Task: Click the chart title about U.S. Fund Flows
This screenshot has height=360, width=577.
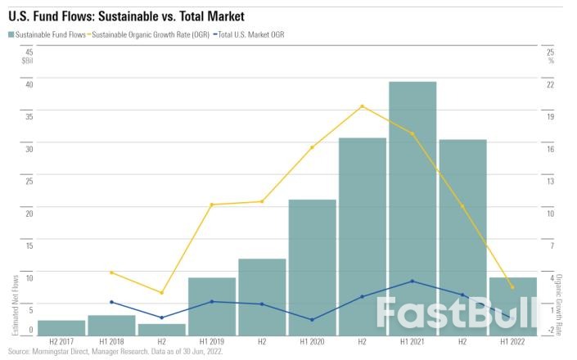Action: [x=126, y=16]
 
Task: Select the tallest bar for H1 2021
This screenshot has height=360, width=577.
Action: [x=412, y=208]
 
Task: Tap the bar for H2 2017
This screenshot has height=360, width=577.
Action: [x=61, y=327]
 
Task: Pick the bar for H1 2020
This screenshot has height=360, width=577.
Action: [x=312, y=267]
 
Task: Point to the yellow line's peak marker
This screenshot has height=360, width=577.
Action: [x=362, y=106]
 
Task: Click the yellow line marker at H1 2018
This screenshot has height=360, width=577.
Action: [x=112, y=272]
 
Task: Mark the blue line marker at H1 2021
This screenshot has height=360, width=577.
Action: [x=412, y=281]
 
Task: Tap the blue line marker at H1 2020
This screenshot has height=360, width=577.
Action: [x=312, y=320]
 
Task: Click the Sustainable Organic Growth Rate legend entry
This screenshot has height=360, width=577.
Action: [x=150, y=34]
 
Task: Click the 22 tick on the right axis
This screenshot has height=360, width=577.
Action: [x=550, y=83]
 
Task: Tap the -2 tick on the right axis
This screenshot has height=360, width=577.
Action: [x=550, y=330]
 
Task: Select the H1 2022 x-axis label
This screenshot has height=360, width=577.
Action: [x=512, y=341]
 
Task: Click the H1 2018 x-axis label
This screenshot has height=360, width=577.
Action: [x=112, y=341]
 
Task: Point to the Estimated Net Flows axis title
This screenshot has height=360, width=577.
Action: [x=16, y=304]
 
